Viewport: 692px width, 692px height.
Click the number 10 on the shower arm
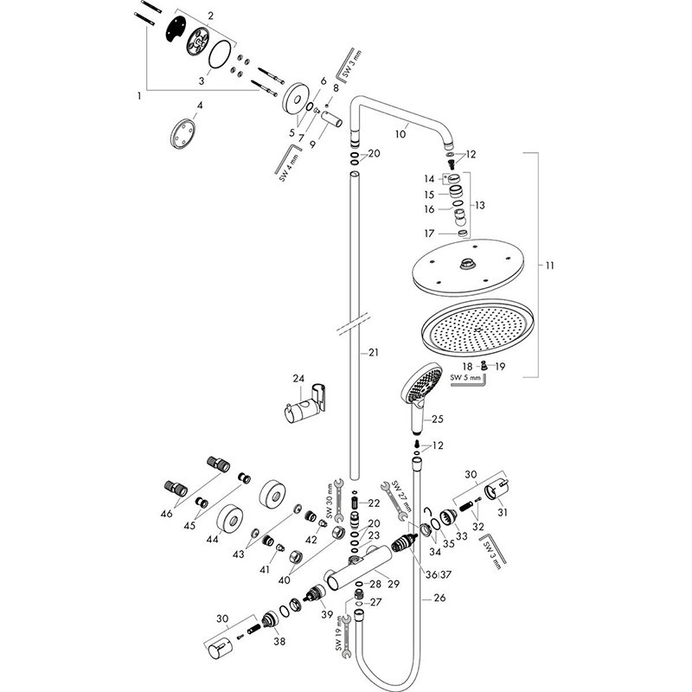[x=400, y=134]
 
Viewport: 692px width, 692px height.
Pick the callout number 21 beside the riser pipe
[x=374, y=353]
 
